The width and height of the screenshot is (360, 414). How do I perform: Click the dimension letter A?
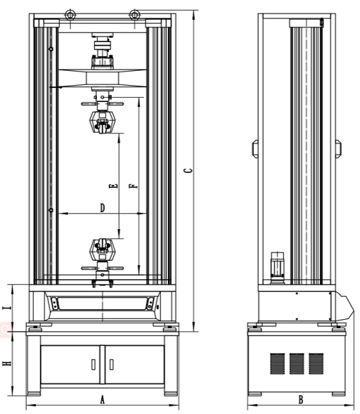point(102,399)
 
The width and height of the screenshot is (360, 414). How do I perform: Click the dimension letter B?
point(300,400)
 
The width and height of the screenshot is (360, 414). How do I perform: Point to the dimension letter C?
point(188,171)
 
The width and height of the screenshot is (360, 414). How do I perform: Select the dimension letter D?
point(103,208)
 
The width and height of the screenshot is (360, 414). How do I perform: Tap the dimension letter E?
point(113,186)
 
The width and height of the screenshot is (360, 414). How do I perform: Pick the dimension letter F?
point(134,186)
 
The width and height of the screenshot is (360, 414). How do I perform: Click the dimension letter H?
point(7,363)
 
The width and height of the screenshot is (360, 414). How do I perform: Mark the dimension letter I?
point(7,308)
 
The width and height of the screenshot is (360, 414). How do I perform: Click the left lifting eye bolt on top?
point(70,15)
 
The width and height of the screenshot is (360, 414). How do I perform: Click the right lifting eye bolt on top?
point(134,15)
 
